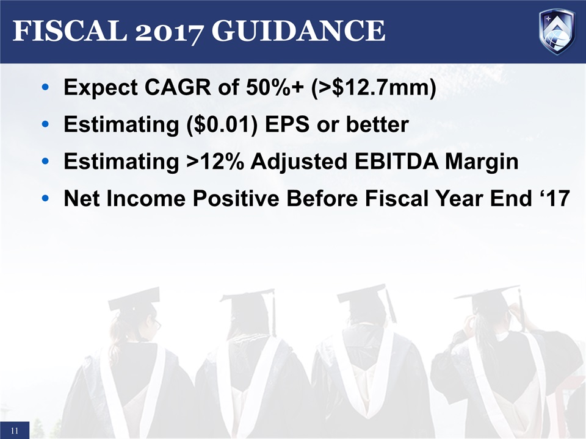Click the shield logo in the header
(557, 32)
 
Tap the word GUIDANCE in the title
(298, 30)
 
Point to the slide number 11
(15, 431)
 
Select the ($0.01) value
(222, 124)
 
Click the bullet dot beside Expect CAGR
(45, 87)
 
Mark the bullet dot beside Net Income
(45, 198)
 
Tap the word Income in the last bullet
(146, 198)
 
